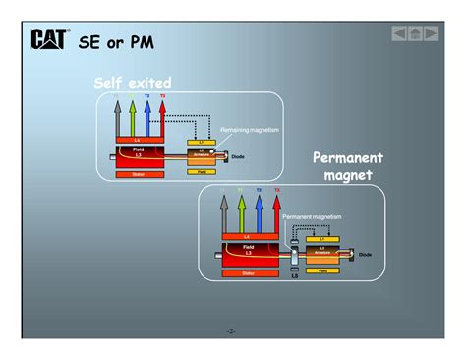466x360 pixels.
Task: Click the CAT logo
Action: (50, 40)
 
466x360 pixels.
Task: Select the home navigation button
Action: (416, 34)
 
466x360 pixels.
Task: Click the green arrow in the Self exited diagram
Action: (132, 118)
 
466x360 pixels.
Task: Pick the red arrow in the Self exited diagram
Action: (162, 118)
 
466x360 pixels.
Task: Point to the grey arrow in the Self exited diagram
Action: (116, 118)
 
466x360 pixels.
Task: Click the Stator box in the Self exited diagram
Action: (137, 174)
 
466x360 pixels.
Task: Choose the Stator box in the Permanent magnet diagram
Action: (247, 272)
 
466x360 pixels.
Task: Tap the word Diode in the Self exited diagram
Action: (252, 156)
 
